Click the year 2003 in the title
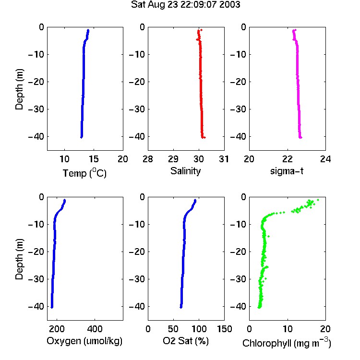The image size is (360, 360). point(229,5)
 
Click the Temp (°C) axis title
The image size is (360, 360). point(84,173)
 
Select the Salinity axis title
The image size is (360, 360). point(185,171)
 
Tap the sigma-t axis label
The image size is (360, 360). point(287,171)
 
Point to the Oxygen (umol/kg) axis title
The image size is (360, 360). point(84,341)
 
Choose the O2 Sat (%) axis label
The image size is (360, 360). point(186,341)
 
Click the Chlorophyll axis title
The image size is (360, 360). point(287,343)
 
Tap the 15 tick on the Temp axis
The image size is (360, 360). point(94,159)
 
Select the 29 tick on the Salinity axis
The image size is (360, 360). point(173,159)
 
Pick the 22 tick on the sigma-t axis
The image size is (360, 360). point(288,159)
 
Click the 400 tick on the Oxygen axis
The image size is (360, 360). point(95,329)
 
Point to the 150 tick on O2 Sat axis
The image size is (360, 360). point(224,329)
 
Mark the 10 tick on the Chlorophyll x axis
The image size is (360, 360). point(288,329)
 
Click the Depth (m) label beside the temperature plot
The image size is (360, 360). point(19,89)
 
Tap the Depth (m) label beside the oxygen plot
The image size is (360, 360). point(19,259)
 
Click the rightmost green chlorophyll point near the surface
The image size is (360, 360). point(318,200)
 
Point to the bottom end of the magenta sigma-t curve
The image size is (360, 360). point(300,138)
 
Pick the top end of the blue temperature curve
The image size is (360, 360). point(88,30)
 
